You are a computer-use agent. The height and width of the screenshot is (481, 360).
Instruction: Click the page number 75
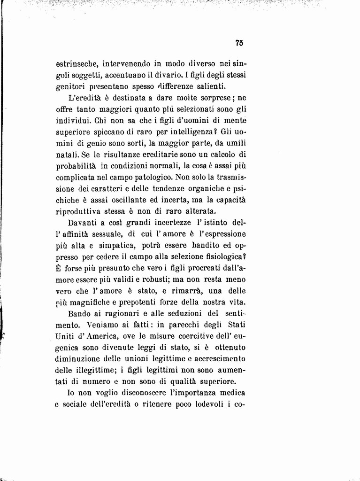(239, 43)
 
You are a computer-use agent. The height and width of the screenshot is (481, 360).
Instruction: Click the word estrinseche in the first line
(77, 63)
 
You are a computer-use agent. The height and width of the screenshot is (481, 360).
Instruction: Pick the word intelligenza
(191, 132)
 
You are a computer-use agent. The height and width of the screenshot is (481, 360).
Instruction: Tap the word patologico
(150, 178)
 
